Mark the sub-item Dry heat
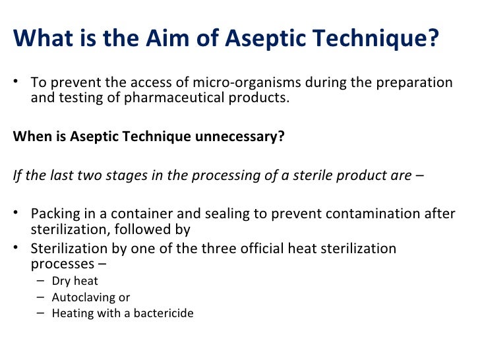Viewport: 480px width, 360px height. pos(75,281)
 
